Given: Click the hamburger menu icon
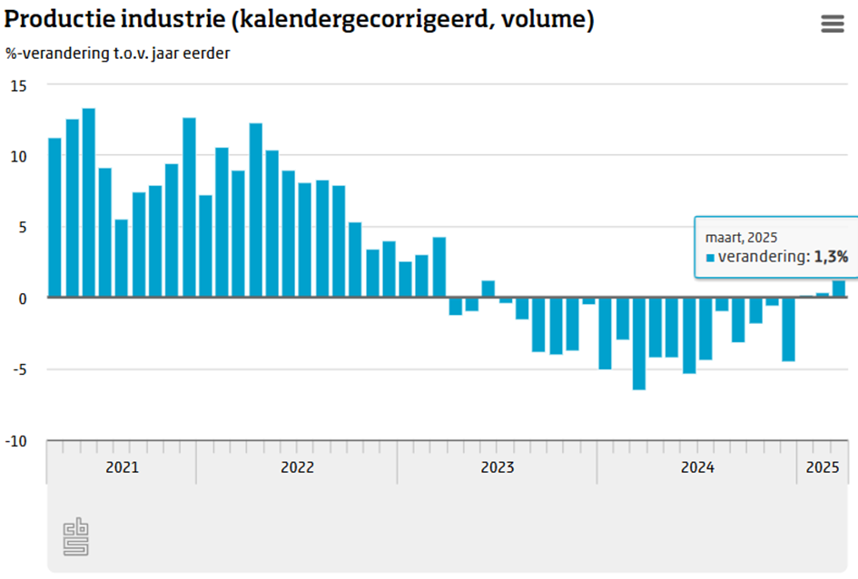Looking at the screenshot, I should tap(833, 25).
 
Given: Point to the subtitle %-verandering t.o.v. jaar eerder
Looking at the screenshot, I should tap(117, 53).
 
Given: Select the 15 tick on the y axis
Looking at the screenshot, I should tap(19, 85).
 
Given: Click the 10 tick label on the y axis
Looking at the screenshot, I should tap(19, 156).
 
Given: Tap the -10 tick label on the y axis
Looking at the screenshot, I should tap(19, 441).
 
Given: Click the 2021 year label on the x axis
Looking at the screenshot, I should tap(122, 467).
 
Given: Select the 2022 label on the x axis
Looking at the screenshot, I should tap(297, 467).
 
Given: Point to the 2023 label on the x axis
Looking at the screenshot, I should tap(497, 467).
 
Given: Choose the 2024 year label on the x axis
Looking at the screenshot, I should tap(697, 467).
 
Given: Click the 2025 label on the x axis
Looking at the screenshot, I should tap(822, 467).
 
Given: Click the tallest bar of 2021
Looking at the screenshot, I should tap(88, 203).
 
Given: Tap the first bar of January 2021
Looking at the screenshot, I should tap(54, 218).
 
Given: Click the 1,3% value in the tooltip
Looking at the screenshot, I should tap(831, 257).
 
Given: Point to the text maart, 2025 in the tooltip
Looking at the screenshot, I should tap(742, 237).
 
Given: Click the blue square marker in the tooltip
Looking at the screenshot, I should tap(710, 258).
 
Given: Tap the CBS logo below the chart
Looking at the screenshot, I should tap(76, 537).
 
